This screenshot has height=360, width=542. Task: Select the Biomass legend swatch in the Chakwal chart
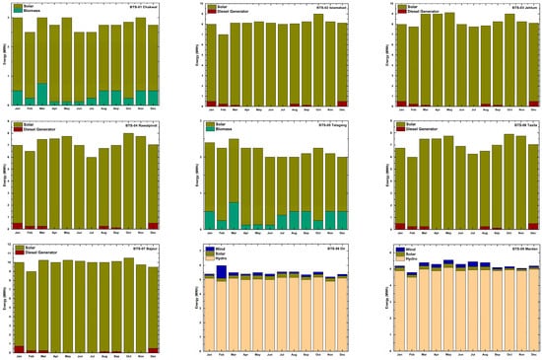pos(15,13)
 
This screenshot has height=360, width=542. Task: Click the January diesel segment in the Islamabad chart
pos(211,104)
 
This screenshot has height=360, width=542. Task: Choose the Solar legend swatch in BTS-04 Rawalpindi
pos(15,125)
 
